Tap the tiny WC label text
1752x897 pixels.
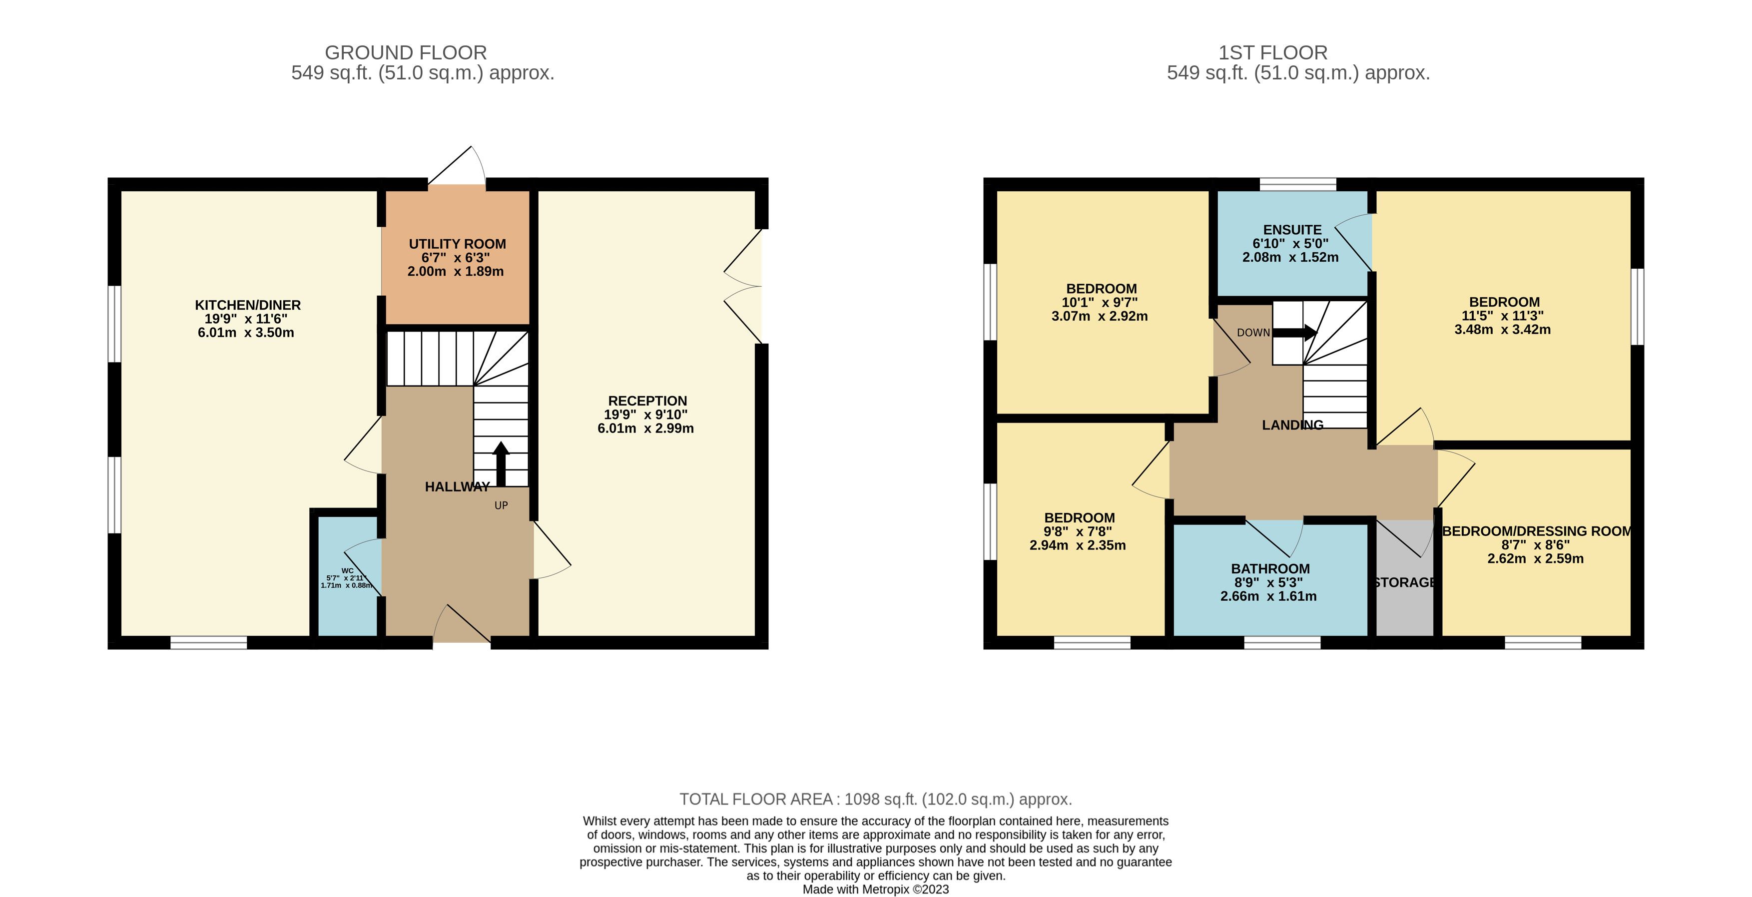point(348,570)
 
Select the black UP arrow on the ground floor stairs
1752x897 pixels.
point(501,464)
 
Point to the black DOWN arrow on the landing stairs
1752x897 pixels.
point(1295,333)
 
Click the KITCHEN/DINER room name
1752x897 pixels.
point(248,305)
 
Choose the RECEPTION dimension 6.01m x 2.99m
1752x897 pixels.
point(646,429)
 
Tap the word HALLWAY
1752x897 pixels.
point(457,487)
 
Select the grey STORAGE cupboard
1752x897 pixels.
point(1404,578)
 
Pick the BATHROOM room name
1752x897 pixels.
point(1270,568)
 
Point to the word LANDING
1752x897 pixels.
point(1293,425)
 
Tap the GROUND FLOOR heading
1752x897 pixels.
point(406,52)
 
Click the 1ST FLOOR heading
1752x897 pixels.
point(1272,52)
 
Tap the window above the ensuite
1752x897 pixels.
point(1298,184)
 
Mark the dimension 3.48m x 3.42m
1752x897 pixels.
point(1502,330)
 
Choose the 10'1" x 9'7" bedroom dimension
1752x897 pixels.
point(1100,303)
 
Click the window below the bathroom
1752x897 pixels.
point(1282,643)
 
